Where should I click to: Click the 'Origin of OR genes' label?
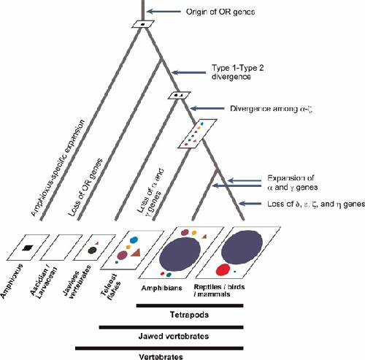pos(220,12)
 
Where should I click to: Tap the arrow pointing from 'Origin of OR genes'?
pos(164,11)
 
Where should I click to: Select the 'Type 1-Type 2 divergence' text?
pos(237,72)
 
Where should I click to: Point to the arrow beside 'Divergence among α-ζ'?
pos(207,108)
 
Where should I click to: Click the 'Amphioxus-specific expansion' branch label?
pos(58,168)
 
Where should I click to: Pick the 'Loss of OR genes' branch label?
pos(85,188)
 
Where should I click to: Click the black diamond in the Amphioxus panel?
pos(27,248)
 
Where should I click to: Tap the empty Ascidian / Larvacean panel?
pos(61,248)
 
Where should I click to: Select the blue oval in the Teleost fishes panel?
pos(134,240)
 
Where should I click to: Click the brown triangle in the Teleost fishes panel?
pos(137,253)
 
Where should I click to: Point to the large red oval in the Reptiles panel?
pos(223,269)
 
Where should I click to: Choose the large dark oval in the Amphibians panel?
pos(180,254)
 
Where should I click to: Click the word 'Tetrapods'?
pos(189,315)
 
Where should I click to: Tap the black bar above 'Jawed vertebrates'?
pos(172,327)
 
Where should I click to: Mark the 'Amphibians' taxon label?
pos(162,288)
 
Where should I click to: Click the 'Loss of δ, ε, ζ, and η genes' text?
pos(316,204)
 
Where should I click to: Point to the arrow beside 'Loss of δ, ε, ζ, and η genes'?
pos(250,204)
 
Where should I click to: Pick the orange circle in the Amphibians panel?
pos(194,233)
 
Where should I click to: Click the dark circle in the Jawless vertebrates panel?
pos(92,250)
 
